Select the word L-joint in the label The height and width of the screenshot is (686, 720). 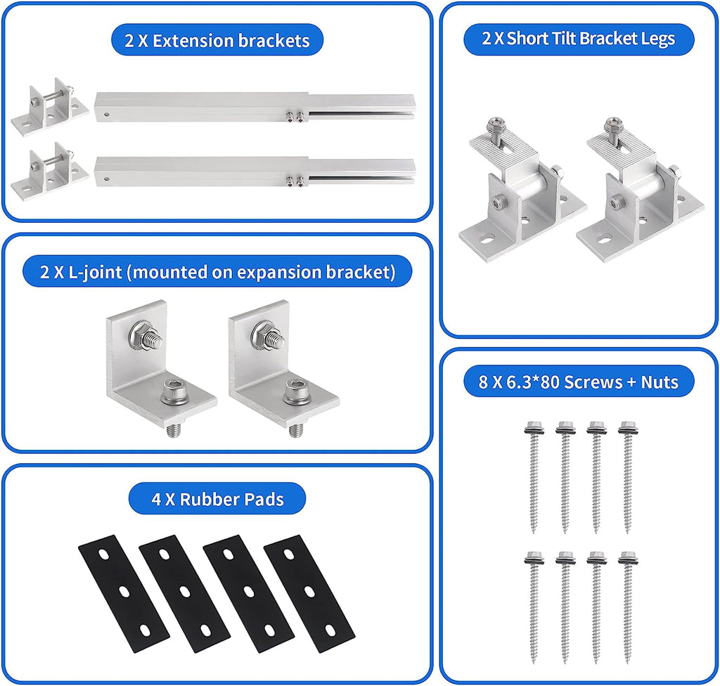point(95,272)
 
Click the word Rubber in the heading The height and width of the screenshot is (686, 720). point(203,499)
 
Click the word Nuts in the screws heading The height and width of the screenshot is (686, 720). point(660,382)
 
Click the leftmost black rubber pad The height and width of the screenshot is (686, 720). point(124,593)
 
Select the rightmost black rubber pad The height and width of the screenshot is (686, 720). point(309,593)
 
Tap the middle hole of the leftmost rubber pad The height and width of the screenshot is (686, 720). point(124,593)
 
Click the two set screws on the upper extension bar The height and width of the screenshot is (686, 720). point(294,117)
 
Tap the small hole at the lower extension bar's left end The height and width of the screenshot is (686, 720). point(107,179)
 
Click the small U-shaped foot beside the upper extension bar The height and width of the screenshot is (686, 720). point(50,107)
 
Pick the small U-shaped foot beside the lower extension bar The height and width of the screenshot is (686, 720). point(50,171)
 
